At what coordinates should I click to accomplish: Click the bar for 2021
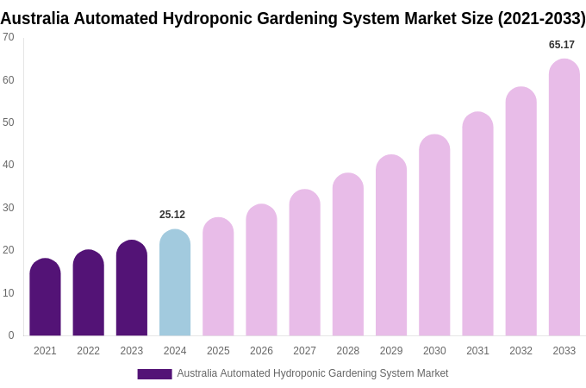(45, 297)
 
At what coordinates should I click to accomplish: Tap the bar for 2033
(564, 197)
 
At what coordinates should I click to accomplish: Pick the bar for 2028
(348, 254)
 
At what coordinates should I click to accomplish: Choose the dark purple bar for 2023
(132, 288)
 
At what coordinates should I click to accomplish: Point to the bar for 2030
(434, 235)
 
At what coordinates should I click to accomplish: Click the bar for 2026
(261, 270)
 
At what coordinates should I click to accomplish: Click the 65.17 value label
(562, 45)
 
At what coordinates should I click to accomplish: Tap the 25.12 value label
(172, 215)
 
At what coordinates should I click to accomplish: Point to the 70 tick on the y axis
(9, 37)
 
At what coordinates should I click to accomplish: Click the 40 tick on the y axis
(9, 165)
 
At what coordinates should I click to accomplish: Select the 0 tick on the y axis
(11, 335)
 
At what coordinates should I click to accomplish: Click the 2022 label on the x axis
(88, 351)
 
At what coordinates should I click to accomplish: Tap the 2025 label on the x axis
(218, 351)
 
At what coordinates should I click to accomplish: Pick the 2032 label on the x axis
(521, 351)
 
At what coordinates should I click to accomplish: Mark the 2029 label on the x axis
(391, 351)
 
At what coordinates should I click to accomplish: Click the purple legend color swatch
(154, 374)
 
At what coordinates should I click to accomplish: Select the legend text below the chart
(312, 373)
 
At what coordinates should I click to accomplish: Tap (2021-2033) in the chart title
(541, 18)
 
